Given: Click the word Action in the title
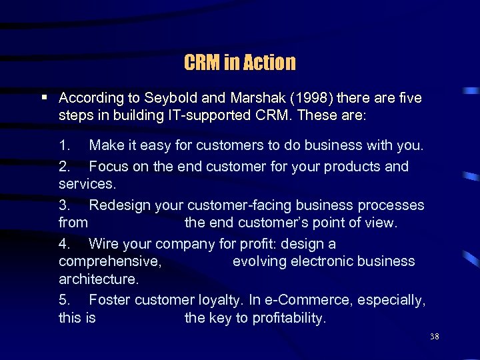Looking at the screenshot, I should coord(269,63).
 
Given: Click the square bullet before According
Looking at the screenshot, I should coord(44,97).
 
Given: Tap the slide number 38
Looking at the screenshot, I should coord(434,337).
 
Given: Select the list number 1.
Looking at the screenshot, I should coord(64,145).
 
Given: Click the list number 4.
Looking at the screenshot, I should coord(64,244).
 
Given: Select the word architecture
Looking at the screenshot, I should coord(98,279).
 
